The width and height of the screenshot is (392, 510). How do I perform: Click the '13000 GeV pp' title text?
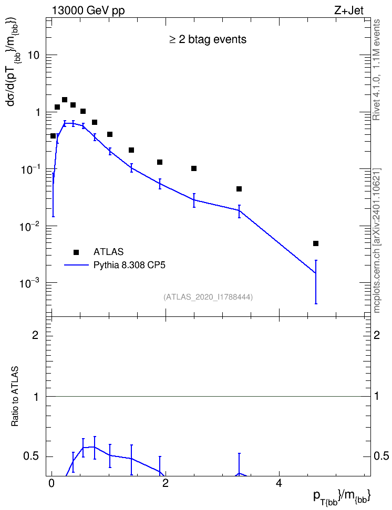tap(88, 11)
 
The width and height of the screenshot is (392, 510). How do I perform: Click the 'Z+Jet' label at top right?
tap(348, 10)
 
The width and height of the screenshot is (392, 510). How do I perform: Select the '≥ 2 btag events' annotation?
tap(208, 39)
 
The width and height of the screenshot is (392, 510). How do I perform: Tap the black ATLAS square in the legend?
tap(76, 252)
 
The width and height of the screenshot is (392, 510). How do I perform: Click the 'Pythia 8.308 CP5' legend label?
tap(129, 265)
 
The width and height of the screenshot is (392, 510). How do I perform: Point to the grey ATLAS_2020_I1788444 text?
tap(208, 297)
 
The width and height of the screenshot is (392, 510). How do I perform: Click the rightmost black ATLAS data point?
tap(315, 243)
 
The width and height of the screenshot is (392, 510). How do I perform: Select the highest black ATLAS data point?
tap(65, 100)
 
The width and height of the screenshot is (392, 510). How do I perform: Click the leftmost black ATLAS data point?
tap(53, 136)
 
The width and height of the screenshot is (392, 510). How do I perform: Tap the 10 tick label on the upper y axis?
tap(33, 55)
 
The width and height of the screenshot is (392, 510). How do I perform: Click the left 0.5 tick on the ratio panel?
tap(31, 456)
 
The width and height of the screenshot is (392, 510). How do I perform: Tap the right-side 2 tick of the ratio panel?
tap(377, 335)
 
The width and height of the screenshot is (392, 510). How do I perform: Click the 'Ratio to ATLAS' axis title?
tap(15, 396)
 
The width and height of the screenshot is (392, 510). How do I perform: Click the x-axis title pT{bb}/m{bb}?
tap(342, 497)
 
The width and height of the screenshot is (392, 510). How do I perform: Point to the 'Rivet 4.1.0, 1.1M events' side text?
tap(376, 70)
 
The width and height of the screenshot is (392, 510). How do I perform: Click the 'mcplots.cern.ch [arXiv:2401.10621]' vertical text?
tap(376, 240)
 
